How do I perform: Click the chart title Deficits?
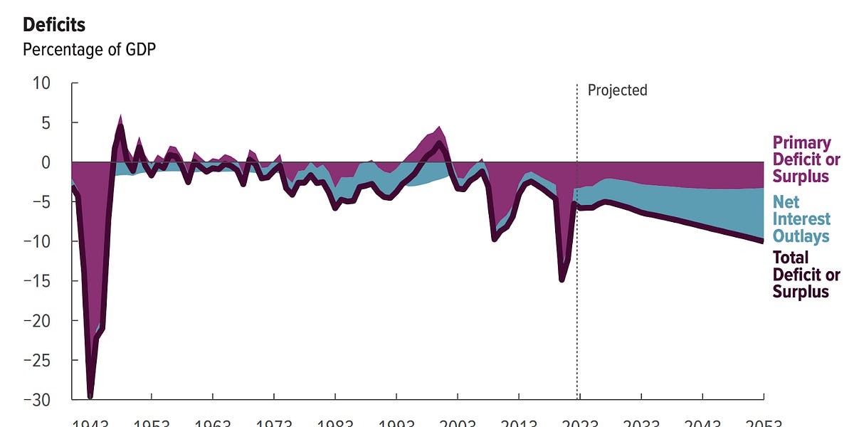click(x=54, y=25)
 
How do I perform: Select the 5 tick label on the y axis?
click(x=46, y=122)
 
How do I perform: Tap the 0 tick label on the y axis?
click(x=46, y=162)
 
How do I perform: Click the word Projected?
click(x=617, y=90)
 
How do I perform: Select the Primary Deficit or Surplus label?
click(x=806, y=159)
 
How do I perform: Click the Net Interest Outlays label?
click(x=801, y=218)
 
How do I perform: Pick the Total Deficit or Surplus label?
click(x=806, y=275)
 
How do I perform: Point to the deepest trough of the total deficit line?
click(x=90, y=396)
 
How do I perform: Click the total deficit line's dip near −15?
click(x=562, y=280)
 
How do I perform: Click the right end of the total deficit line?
click(x=762, y=241)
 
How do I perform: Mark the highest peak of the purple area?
click(x=120, y=116)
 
